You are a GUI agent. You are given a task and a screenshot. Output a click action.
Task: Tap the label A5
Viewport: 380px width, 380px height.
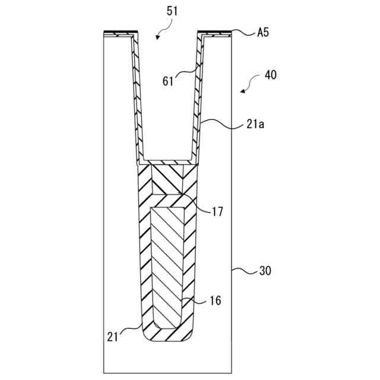tap(262, 33)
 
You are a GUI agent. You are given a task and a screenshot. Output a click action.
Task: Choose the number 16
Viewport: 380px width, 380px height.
tap(214, 301)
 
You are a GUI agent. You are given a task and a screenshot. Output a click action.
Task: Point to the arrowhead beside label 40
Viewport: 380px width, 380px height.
tap(243, 91)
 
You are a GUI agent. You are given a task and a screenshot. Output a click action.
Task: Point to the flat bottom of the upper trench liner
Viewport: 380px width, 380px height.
tap(168, 162)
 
